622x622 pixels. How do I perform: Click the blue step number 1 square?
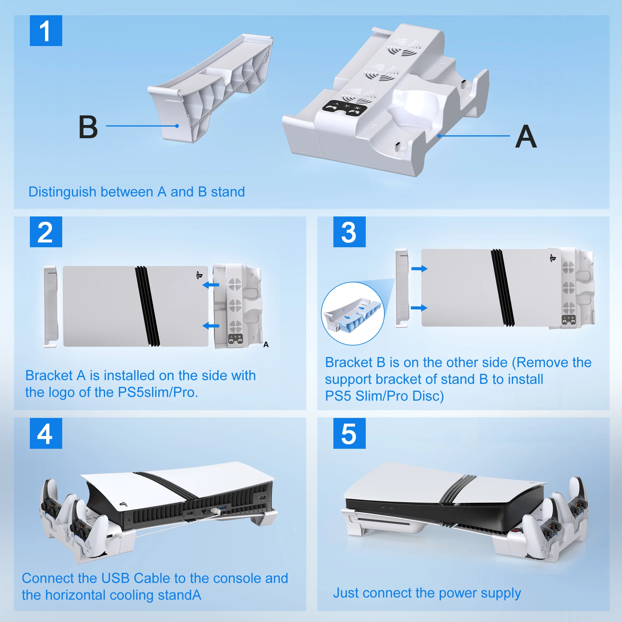coord(46,30)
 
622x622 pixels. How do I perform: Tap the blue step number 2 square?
coord(46,232)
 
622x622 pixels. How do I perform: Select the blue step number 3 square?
coord(349,232)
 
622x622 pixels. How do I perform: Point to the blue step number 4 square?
coord(46,433)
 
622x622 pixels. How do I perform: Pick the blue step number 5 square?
coord(349,433)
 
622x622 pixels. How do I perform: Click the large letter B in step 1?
coord(88,127)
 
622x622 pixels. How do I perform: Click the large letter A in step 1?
coord(526,137)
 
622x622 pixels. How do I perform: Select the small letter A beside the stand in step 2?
coord(266,345)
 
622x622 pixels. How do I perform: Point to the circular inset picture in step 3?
coord(353,313)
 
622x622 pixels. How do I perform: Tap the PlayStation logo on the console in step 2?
coord(199,275)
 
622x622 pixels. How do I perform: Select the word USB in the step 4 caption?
coord(115,578)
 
